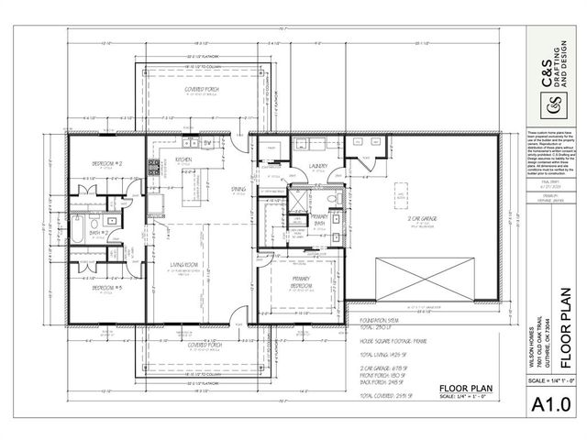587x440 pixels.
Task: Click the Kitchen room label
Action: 183,159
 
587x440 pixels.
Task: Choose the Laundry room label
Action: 319,166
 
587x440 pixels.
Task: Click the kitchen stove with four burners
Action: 155,168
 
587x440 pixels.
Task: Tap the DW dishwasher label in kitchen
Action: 208,144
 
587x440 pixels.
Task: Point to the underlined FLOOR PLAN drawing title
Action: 466,388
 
